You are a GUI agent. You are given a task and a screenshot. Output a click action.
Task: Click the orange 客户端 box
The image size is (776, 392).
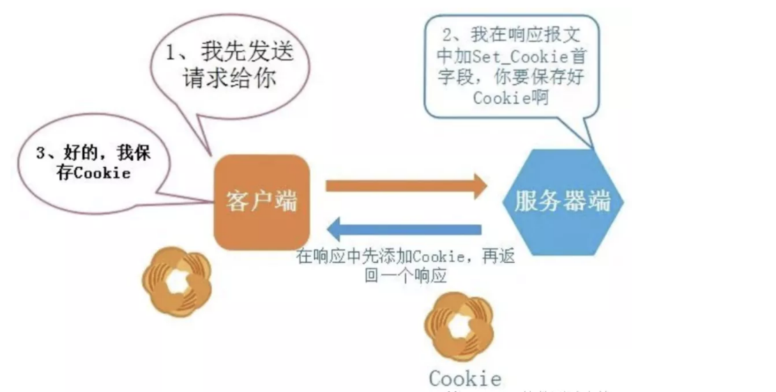tap(261, 202)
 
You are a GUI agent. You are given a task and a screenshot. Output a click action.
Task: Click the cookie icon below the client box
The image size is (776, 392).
tap(176, 281)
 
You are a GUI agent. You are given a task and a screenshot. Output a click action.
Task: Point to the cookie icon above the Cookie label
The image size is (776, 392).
tap(460, 325)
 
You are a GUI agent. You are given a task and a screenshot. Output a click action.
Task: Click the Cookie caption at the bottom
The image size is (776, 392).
tap(465, 378)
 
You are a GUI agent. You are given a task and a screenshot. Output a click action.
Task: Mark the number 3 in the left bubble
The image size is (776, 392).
tap(41, 154)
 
